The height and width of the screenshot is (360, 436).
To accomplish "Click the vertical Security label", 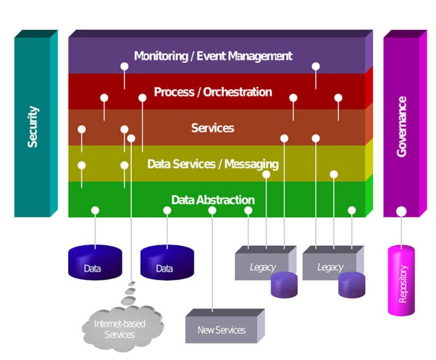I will [33, 127].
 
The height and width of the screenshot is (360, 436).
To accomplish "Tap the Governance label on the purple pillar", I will [402, 127].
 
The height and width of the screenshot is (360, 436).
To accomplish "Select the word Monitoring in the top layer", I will [161, 56].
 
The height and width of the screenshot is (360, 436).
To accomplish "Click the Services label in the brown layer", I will [212, 128].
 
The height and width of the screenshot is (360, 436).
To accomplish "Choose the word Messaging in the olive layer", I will [251, 164].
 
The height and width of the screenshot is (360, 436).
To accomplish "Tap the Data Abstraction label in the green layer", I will [212, 200].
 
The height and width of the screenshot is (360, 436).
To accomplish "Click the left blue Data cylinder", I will [95, 263].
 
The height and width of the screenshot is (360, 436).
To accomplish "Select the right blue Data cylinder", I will [167, 263].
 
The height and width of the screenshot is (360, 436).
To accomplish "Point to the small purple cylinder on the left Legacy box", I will [284, 286].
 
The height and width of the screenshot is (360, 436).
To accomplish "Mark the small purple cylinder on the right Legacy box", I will [351, 286].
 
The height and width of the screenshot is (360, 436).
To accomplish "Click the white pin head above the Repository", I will [401, 211].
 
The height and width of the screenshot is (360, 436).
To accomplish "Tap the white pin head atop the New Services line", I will [212, 211].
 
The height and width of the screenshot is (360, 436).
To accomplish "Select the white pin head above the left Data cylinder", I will [95, 211].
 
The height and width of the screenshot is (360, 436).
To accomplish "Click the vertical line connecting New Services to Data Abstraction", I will [212, 261].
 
